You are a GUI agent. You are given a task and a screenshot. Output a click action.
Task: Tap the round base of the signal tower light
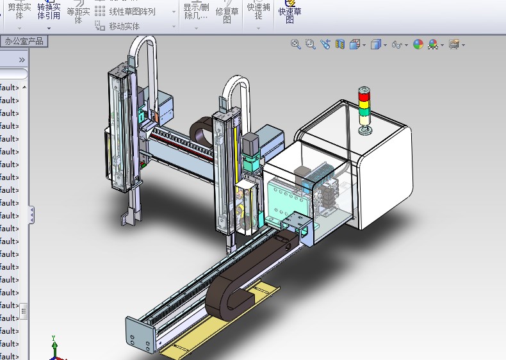(366, 132)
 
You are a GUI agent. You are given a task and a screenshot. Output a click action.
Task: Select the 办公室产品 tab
(24, 42)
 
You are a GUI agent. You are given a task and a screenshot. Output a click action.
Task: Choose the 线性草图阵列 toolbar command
(131, 12)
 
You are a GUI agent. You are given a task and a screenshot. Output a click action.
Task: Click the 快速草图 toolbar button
(290, 11)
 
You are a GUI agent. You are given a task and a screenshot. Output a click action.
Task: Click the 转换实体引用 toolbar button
(49, 12)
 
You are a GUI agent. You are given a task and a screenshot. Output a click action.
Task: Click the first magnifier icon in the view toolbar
(295, 44)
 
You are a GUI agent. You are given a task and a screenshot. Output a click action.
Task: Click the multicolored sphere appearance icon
(418, 44)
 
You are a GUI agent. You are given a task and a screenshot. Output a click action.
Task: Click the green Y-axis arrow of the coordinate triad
(55, 343)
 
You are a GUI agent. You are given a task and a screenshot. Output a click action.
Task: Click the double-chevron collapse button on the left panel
(21, 60)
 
